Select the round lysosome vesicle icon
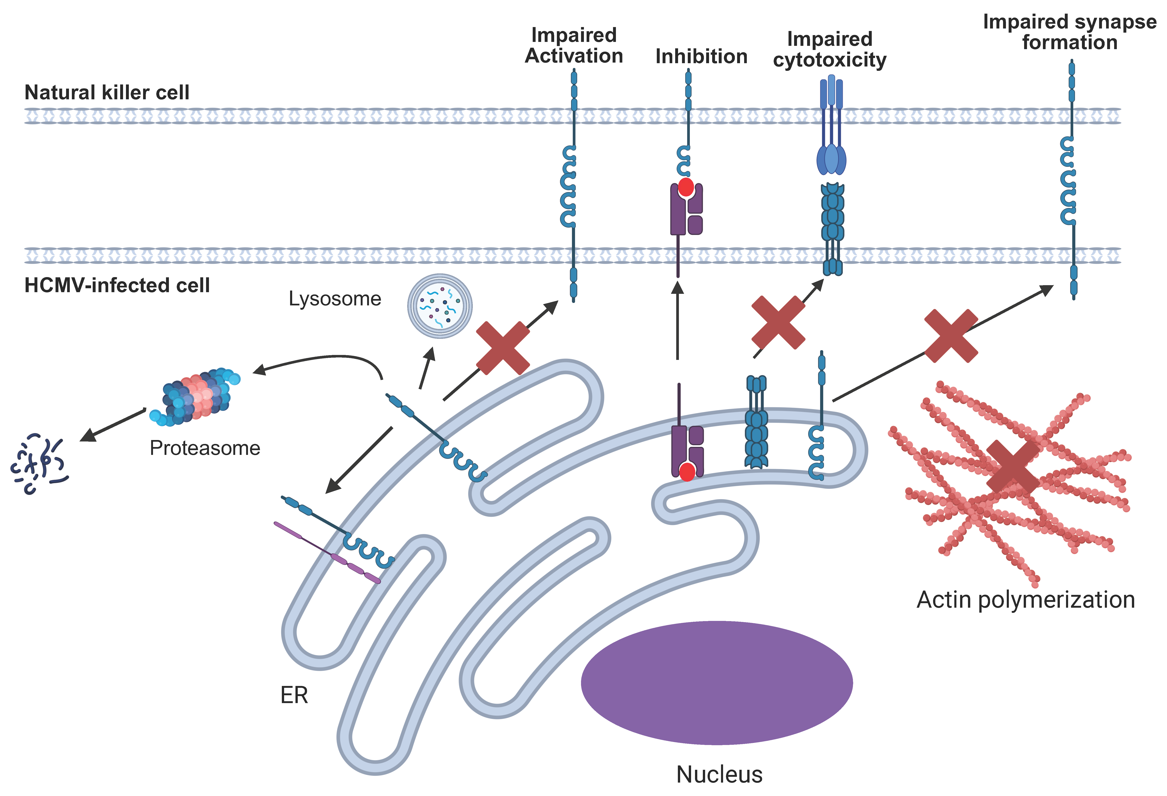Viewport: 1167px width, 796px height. [440, 306]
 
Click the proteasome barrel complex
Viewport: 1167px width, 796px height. [196, 397]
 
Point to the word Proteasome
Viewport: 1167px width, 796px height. [205, 448]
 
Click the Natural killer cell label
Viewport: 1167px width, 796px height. [107, 93]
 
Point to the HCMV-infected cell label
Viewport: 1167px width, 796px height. [117, 285]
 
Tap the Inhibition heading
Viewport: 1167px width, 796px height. [702, 56]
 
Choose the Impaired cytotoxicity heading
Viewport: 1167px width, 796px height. [830, 49]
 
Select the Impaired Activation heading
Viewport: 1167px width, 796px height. [574, 45]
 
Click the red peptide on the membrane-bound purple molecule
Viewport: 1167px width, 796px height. [686, 187]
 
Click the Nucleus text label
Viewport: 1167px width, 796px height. [719, 774]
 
